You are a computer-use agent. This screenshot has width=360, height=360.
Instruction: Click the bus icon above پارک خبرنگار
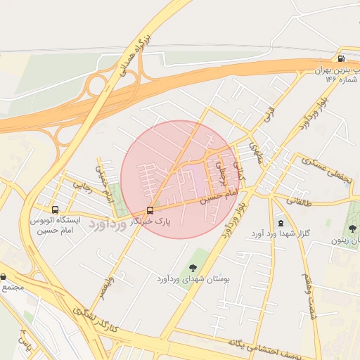click(150, 210)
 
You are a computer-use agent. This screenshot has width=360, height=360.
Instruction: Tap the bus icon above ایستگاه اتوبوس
click(55, 210)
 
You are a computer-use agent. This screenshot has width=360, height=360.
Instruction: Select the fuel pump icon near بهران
click(341, 59)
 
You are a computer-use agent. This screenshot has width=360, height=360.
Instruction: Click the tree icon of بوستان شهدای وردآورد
click(192, 267)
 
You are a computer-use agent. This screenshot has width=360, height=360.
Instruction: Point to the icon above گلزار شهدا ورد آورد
click(281, 222)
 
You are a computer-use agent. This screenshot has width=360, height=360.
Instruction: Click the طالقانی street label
click(298, 200)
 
